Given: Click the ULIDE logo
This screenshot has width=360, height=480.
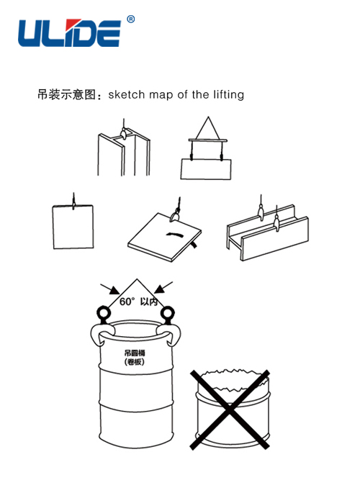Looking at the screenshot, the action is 70,33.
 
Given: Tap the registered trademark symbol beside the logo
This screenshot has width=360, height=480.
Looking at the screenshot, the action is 130,19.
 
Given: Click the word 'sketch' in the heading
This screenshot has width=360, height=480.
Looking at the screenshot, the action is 126,94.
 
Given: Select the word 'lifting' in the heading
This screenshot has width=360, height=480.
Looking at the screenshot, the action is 228,94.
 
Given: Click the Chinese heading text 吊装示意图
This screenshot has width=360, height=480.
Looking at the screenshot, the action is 67,94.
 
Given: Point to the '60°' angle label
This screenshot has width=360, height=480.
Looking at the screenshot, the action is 127,302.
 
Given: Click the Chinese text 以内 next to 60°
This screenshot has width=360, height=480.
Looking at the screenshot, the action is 149,302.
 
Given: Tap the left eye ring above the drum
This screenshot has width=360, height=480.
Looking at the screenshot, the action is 104,313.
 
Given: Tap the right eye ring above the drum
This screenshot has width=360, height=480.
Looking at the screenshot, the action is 168,313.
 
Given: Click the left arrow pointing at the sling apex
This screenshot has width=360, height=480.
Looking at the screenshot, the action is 110,289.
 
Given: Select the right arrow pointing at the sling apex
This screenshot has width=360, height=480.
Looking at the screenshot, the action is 163,287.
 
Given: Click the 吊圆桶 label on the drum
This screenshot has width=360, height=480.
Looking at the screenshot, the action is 135,353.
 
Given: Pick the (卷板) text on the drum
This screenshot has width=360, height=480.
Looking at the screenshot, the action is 135,362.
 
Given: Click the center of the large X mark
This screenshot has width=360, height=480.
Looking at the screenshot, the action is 230,410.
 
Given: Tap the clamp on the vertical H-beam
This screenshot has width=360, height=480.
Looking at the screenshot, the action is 123,134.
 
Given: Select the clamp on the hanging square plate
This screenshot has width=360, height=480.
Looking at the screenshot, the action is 73,204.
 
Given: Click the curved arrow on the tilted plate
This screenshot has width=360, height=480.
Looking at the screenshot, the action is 174,234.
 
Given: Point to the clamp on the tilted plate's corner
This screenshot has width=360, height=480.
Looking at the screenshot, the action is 176,215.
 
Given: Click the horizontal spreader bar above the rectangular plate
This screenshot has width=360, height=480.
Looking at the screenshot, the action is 208,140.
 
